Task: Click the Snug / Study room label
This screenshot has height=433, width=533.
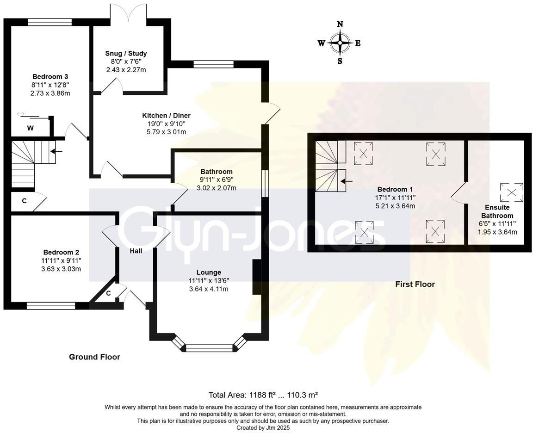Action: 126,53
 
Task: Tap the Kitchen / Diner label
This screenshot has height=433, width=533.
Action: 166,116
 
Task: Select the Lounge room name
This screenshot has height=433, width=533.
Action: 209,272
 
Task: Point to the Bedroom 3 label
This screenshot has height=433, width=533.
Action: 50,76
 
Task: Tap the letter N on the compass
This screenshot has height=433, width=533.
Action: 340,24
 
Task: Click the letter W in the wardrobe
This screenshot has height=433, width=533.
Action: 31,128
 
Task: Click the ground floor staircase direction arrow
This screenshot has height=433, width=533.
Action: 56,151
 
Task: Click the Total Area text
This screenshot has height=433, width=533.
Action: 263,395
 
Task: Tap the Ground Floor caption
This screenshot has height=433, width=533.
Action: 94,357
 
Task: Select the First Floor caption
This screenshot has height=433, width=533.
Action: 415,284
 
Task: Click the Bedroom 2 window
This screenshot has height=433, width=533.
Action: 51,306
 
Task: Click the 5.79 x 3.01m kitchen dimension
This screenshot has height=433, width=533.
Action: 166,132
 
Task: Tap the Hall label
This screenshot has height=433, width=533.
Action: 136,251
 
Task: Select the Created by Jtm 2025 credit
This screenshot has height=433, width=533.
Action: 263,427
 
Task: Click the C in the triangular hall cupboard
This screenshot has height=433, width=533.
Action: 108,293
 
